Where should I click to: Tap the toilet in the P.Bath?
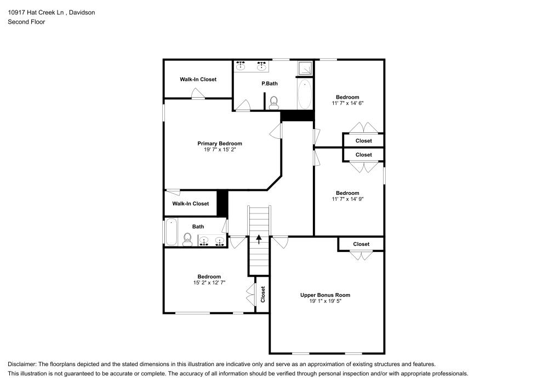point(274,102)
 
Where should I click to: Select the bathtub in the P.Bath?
point(305,94)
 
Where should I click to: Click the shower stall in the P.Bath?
point(304,68)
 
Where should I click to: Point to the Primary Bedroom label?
point(219,144)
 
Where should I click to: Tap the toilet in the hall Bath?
point(187,238)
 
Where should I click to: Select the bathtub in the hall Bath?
point(171,232)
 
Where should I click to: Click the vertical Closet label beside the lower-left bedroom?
point(263,294)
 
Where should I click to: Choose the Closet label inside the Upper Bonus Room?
point(361,244)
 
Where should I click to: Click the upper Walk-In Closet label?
point(198,80)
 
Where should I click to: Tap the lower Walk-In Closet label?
point(190,204)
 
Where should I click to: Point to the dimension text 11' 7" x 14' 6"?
point(347,103)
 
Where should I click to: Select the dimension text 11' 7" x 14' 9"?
point(347,199)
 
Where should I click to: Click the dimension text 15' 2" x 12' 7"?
point(209,283)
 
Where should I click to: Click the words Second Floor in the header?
point(26,22)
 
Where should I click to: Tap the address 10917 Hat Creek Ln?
point(36,12)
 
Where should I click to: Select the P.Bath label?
point(269,83)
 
